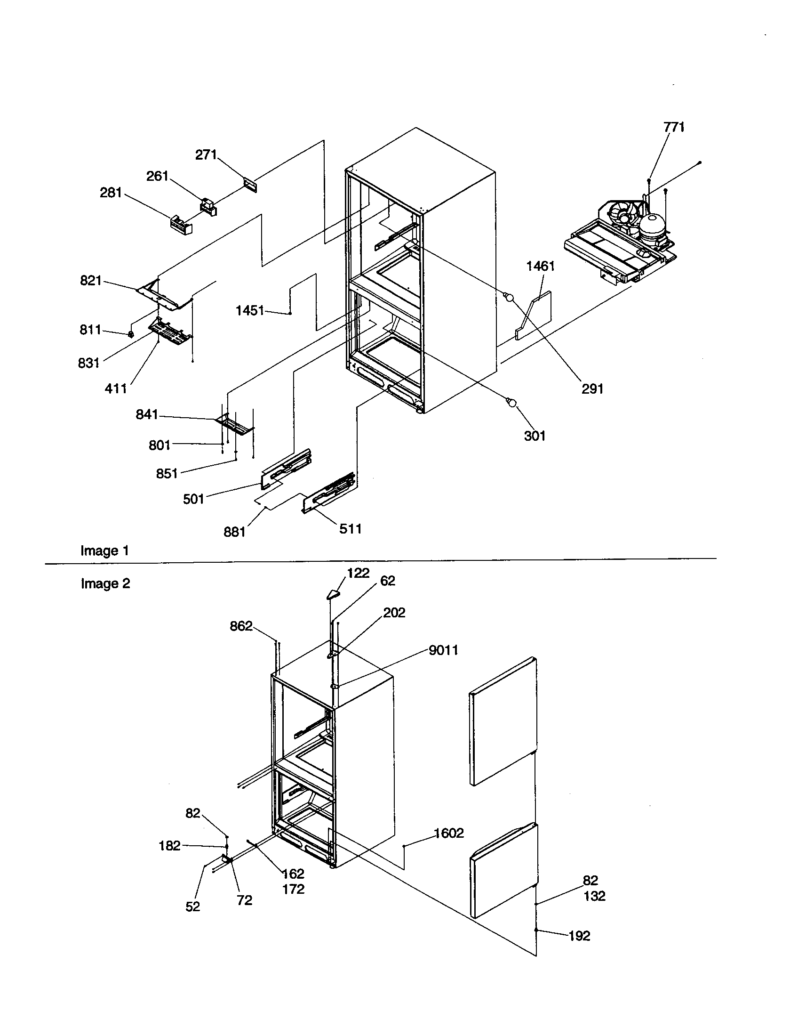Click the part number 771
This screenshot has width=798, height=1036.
pos(674,127)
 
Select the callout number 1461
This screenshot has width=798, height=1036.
pos(540,266)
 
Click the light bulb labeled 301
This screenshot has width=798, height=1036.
pos(511,403)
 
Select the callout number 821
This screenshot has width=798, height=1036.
pos(91,281)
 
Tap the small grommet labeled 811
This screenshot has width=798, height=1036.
pos(132,334)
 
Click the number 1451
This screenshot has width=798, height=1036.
pos(250,311)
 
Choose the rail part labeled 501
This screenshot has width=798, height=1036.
pos(286,468)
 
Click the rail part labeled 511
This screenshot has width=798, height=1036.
pos(329,493)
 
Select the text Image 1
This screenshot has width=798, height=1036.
pos(105,551)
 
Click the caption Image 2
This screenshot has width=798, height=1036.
pos(105,583)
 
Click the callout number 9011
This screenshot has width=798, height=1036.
pos(443,650)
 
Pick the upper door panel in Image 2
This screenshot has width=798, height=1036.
pos(503,720)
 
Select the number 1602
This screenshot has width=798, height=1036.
pos(449,833)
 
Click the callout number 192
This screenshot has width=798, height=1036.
pos(579,936)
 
